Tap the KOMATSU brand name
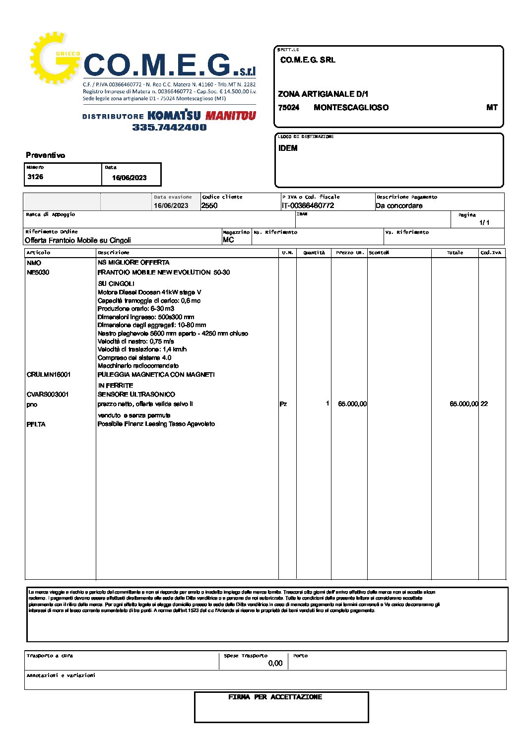(174, 116)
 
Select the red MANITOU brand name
(231, 116)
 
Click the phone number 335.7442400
(169, 127)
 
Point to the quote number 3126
(35, 177)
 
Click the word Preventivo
(46, 155)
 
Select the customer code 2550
(209, 205)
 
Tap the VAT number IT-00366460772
(308, 205)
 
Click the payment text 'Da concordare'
(399, 205)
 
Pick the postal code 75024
(288, 108)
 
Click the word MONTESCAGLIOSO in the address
(351, 108)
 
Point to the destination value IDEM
(288, 148)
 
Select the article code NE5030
(38, 272)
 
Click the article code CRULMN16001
(49, 375)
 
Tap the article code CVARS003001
(48, 395)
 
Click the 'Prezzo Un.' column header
(350, 253)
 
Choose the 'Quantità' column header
(314, 253)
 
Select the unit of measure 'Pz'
(283, 404)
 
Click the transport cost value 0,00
(275, 663)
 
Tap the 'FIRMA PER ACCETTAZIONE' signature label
(275, 697)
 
